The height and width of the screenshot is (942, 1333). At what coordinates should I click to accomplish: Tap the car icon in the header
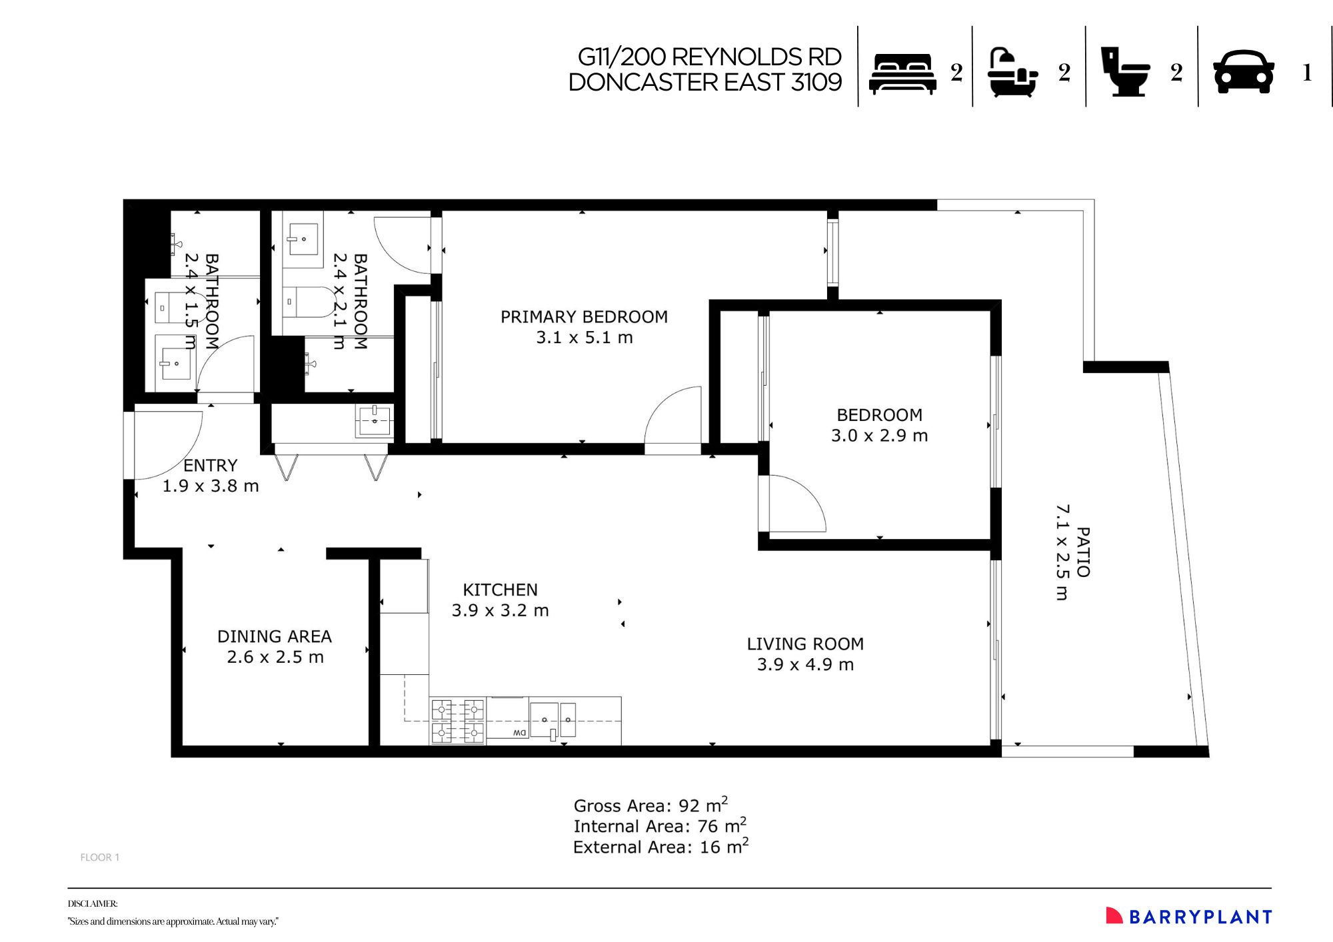1244,72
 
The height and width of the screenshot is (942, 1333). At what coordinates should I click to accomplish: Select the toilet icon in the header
1124,72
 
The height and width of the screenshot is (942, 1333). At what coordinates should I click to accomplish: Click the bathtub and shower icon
1012,73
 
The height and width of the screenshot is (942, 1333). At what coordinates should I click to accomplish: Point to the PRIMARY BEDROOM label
584,317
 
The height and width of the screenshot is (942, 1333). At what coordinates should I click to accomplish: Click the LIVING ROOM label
805,644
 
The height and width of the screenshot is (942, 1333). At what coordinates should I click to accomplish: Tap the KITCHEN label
500,590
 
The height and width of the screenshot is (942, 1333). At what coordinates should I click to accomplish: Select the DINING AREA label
275,637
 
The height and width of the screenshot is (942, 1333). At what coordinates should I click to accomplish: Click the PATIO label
1083,552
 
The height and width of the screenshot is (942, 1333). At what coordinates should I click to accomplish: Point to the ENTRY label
211,466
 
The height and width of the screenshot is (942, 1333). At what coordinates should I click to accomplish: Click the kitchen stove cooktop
458,721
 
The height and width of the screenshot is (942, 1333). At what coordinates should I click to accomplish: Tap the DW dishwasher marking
520,733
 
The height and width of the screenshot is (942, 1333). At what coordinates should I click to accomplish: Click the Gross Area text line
651,805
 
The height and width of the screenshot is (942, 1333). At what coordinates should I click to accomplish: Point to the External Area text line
661,846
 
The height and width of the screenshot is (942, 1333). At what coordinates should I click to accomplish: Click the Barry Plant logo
1189,917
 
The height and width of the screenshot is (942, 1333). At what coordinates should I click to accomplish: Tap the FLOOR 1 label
100,857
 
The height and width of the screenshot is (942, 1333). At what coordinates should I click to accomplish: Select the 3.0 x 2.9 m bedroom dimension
879,436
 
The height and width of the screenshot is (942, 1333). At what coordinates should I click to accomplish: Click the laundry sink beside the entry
374,421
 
